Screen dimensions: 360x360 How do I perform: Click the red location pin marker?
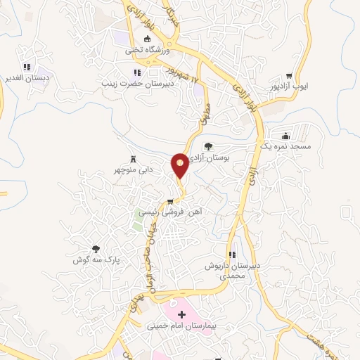[180, 165]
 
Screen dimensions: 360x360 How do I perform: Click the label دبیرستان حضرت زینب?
[136, 83]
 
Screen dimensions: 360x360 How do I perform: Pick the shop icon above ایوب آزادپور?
[290, 76]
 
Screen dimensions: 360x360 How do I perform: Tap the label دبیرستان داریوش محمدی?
[233, 271]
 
